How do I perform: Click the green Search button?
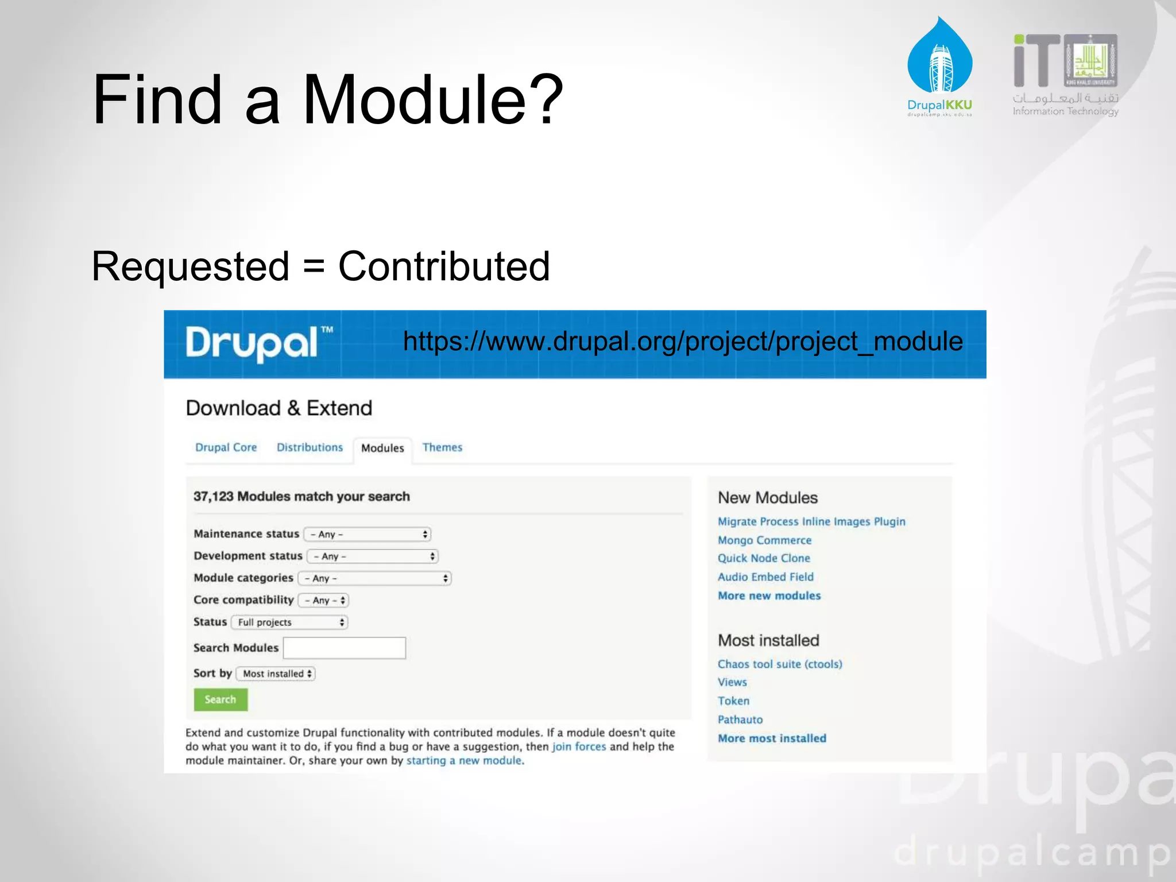220,699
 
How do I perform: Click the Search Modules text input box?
345,648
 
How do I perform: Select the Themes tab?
442,447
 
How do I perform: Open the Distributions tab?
310,447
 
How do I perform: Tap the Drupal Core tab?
226,447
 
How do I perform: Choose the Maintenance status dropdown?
367,534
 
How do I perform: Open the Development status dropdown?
373,556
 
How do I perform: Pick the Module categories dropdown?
375,578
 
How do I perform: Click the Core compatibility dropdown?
324,600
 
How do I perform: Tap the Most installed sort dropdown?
276,674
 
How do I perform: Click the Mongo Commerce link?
764,540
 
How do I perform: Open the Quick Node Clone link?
764,558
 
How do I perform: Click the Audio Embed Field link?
765,577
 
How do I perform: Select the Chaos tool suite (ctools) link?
780,664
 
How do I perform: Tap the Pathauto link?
740,719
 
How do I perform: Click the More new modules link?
769,595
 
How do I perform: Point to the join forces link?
579,746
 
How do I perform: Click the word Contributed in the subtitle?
444,266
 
